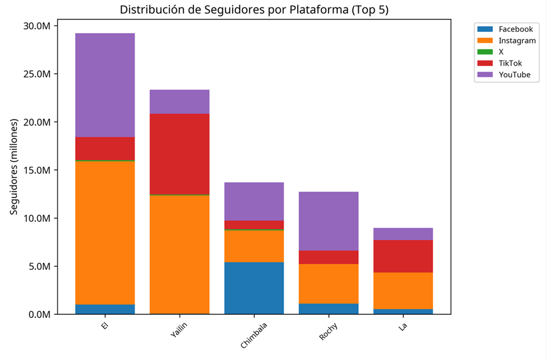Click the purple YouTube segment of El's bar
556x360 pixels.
105,85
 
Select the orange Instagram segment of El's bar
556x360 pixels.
105,233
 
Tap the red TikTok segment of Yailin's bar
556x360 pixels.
180,154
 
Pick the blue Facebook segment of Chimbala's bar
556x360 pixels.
254,288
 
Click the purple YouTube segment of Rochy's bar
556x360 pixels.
328,221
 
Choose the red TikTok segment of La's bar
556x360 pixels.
403,256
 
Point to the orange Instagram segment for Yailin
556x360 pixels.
180,254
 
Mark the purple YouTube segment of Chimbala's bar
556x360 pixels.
254,201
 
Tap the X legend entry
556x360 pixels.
501,52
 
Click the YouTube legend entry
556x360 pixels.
514,75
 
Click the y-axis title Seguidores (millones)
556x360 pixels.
14,167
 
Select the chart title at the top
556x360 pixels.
254,10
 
